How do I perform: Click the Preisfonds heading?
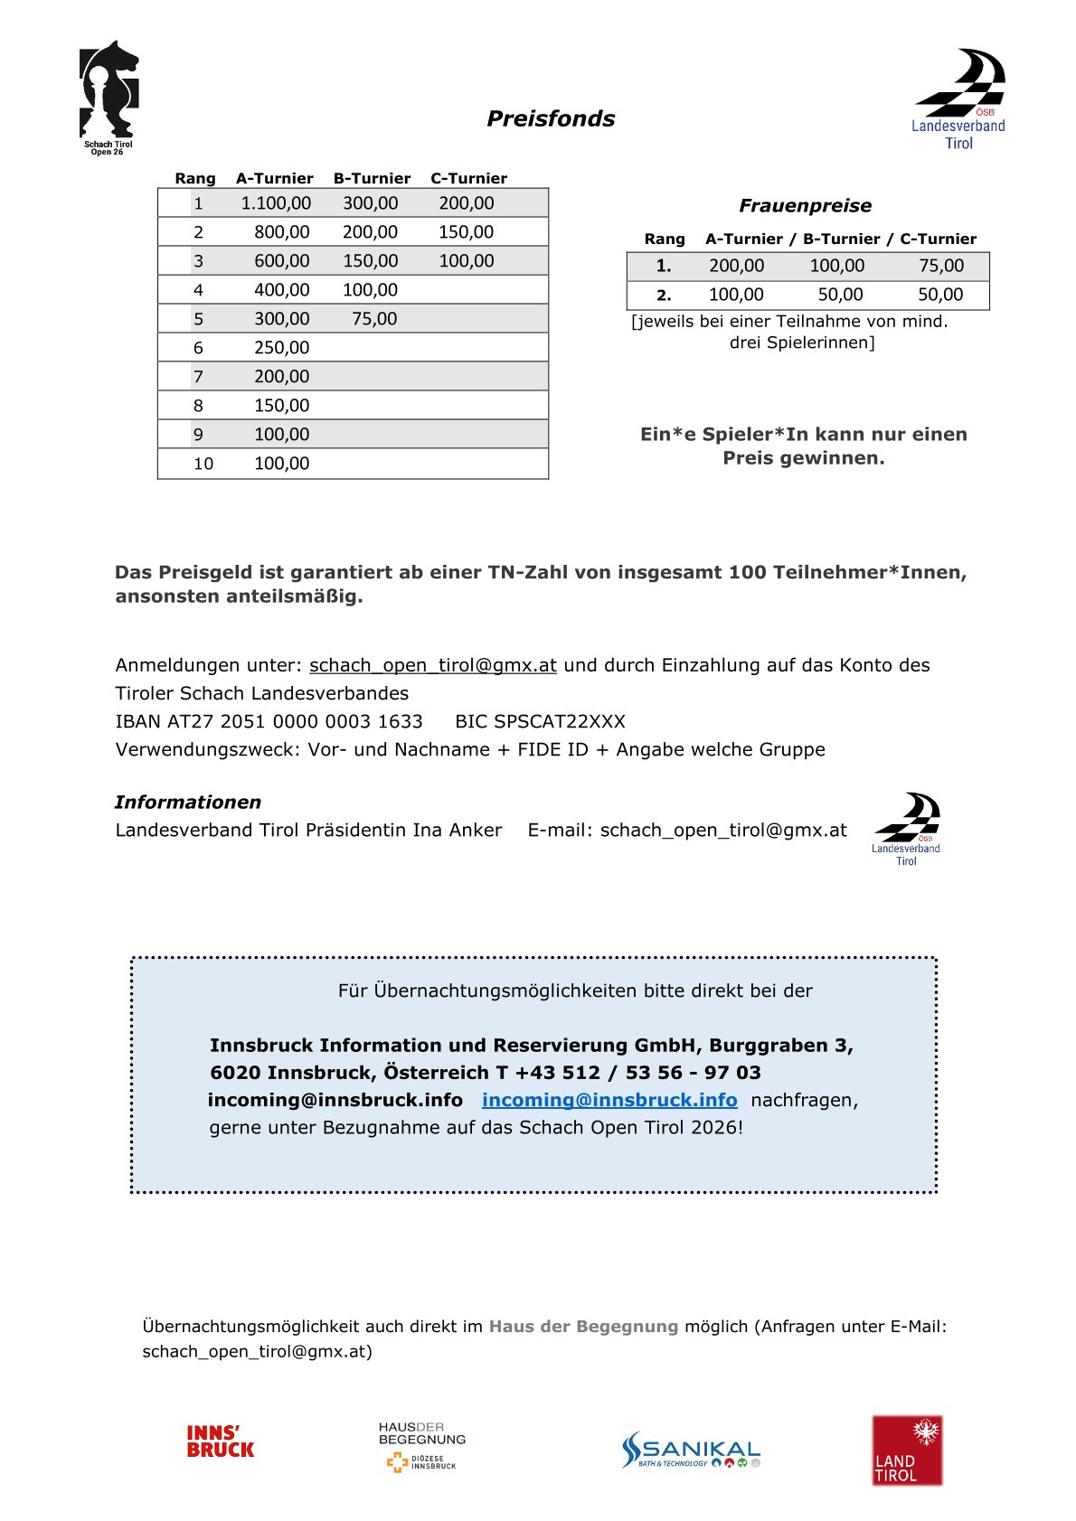(x=551, y=118)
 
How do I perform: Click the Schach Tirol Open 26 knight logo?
(x=109, y=95)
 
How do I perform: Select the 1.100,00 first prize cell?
(x=276, y=203)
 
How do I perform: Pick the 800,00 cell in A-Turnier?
(x=281, y=232)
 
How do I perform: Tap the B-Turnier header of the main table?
(x=372, y=178)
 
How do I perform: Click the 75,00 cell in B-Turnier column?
(x=374, y=319)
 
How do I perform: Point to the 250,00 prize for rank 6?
(x=281, y=348)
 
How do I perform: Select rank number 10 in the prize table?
(x=203, y=464)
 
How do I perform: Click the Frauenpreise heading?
(x=805, y=205)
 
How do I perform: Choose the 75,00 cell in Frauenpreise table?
(x=941, y=266)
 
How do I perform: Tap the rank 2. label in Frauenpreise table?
(x=664, y=295)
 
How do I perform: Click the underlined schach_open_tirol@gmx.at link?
(x=432, y=665)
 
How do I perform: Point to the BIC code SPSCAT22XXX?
(x=540, y=721)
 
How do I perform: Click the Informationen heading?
(x=187, y=802)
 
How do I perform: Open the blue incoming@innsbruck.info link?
(x=609, y=1100)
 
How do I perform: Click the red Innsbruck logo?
(x=220, y=1441)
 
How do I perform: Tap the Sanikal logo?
(x=691, y=1449)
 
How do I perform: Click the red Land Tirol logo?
(x=906, y=1450)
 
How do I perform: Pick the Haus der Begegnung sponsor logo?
(x=421, y=1446)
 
